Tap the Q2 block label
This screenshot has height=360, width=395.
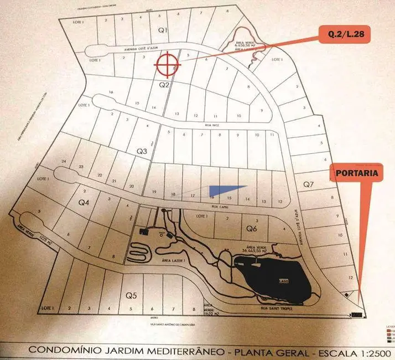coord(163,85)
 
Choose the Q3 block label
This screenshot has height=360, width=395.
coord(142,150)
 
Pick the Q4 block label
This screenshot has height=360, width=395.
coord(84,203)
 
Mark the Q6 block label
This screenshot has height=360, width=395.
coord(251,228)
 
